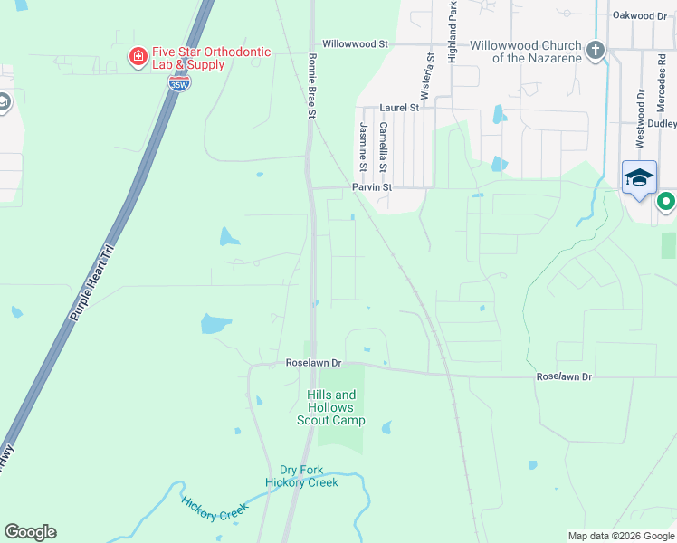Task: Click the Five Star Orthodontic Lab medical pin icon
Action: click(x=138, y=58)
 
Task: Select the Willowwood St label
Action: click(x=355, y=43)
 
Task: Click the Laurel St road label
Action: click(x=399, y=107)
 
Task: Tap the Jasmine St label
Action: click(x=363, y=147)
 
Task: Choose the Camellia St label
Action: click(x=384, y=147)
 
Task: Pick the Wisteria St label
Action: click(x=431, y=70)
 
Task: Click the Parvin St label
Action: click(x=371, y=187)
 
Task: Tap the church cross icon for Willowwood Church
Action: click(x=596, y=50)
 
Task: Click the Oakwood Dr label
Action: click(x=639, y=15)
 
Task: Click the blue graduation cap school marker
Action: click(x=639, y=177)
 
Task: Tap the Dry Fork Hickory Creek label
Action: click(x=301, y=476)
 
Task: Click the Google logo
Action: click(x=30, y=532)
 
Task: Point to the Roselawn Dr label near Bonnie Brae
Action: click(x=312, y=362)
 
